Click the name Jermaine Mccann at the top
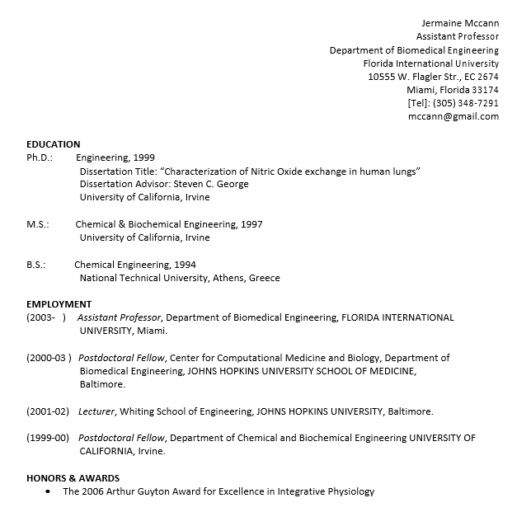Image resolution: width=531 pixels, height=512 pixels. [460, 22]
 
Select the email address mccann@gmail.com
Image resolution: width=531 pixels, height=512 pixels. [453, 116]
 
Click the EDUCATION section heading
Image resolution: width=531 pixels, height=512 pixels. [54, 144]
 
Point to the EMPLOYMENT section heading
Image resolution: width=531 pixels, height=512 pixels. [59, 304]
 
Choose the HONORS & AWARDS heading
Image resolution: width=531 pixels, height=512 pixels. [73, 478]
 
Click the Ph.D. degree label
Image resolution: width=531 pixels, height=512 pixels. [40, 157]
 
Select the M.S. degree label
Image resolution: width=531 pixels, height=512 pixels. [38, 224]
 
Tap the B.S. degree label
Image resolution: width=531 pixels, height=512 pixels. [36, 265]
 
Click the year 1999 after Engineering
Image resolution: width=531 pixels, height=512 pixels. [143, 157]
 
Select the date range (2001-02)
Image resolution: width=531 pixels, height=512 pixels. [48, 411]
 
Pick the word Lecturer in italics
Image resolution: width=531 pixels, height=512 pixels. [97, 411]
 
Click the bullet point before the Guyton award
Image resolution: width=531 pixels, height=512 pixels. [49, 492]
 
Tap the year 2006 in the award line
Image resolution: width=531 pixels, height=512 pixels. [93, 491]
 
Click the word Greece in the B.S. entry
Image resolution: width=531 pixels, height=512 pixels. [264, 278]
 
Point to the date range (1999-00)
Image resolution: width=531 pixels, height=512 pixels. [48, 438]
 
